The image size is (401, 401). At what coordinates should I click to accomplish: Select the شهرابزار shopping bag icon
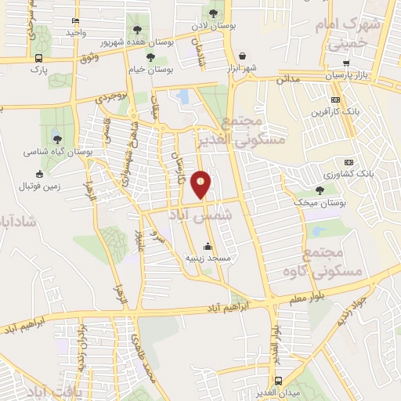coord(243,56)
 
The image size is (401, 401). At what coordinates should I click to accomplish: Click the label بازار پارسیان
coord(346,74)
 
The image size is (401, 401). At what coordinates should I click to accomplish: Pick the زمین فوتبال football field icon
coord(40,174)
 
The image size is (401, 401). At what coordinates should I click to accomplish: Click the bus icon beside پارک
coord(39,58)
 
